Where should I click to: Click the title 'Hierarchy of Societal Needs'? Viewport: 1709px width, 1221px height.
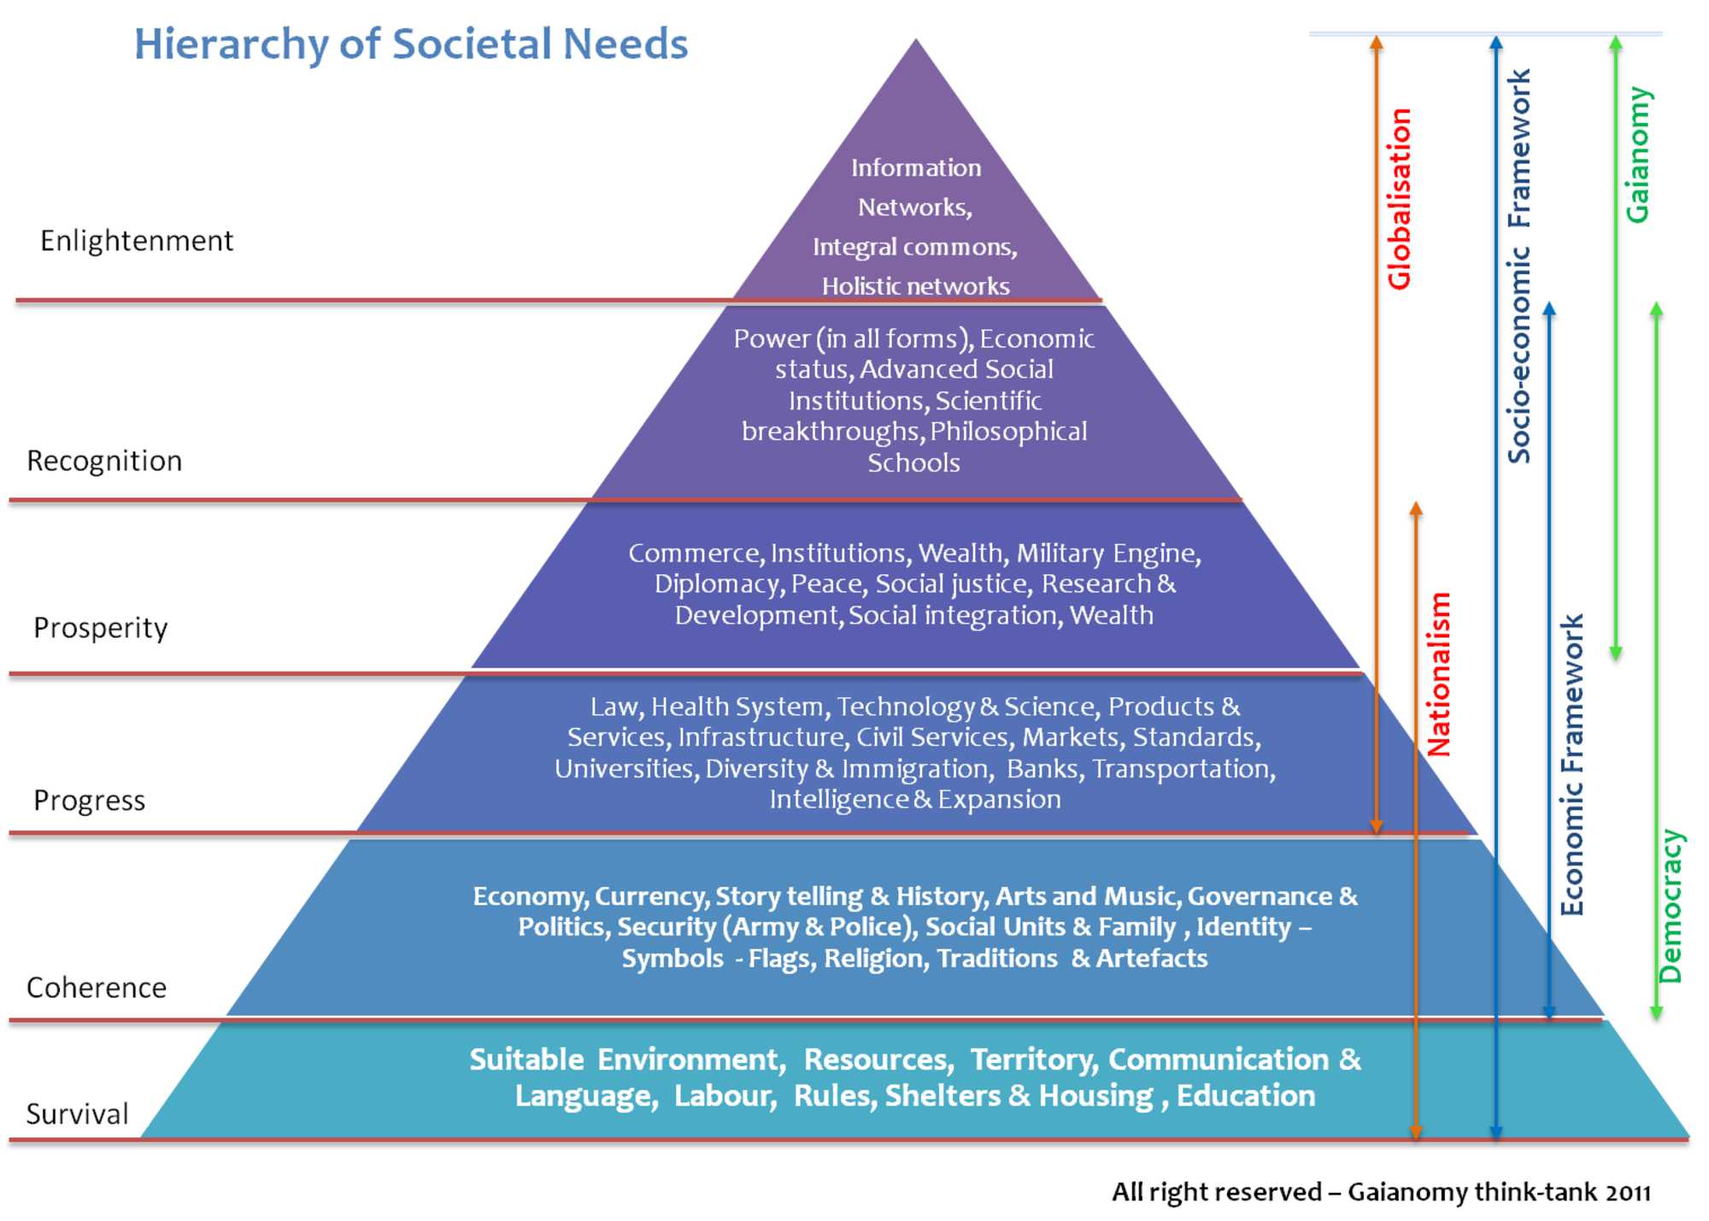(x=411, y=44)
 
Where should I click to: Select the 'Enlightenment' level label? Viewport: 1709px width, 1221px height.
(x=137, y=241)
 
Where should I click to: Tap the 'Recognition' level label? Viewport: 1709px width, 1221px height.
(x=104, y=461)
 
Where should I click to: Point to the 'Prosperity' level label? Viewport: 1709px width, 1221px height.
(x=101, y=628)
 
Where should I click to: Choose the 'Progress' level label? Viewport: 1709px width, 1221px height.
(x=90, y=801)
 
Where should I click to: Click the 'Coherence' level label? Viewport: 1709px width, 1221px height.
(x=97, y=988)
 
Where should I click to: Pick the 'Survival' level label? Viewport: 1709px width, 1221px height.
(x=78, y=1114)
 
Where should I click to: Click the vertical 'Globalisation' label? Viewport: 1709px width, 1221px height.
(x=1399, y=199)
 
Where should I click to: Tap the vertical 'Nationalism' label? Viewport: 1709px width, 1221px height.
(x=1439, y=674)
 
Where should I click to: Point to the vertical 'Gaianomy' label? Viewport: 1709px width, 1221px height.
(x=1637, y=155)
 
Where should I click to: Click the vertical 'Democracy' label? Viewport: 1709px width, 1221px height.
(x=1670, y=907)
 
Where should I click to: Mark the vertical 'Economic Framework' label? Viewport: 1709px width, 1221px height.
(x=1571, y=765)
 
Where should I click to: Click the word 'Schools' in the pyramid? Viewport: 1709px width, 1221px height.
(x=913, y=463)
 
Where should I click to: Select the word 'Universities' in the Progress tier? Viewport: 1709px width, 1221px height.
(x=624, y=769)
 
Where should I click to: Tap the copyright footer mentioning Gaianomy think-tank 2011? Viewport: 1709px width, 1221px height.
(x=1381, y=1192)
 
